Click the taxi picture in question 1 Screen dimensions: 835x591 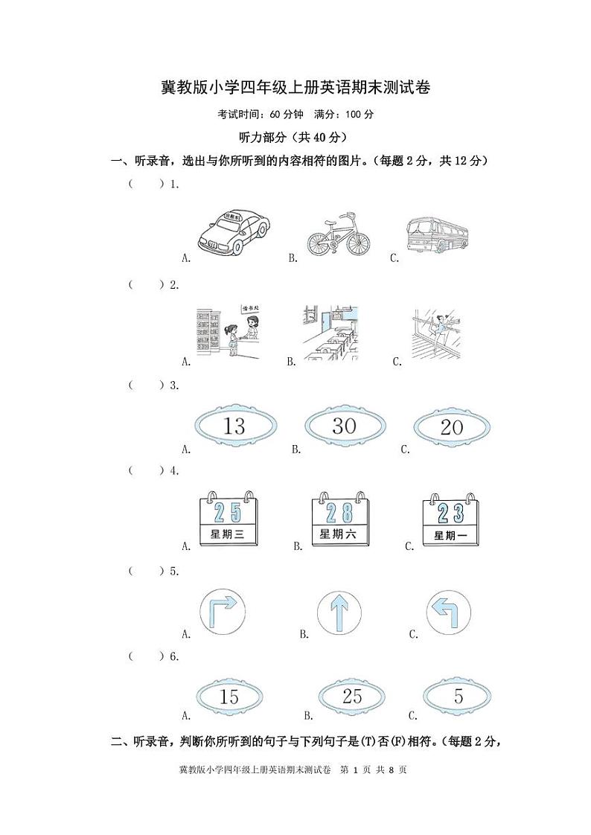[x=234, y=231]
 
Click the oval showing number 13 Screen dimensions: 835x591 [x=234, y=426]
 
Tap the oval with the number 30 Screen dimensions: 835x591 [x=344, y=426]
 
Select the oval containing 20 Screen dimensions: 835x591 [x=451, y=427]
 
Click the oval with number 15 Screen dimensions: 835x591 [x=229, y=697]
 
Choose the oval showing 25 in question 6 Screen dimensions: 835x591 [x=351, y=697]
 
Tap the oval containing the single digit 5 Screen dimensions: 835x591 [x=458, y=697]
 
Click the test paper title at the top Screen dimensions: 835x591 [x=295, y=88]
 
